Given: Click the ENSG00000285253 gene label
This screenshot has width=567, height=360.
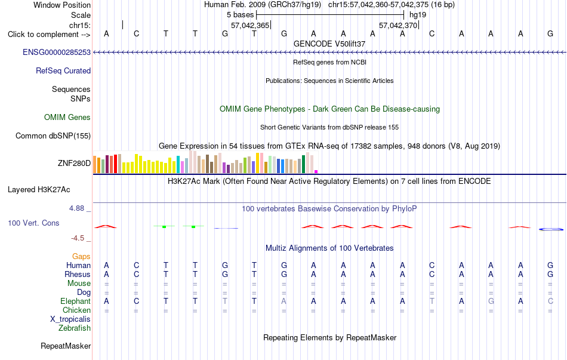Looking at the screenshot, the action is point(57,52).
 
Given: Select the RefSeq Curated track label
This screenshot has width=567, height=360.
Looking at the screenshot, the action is point(63,70).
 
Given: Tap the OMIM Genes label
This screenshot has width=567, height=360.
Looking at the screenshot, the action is point(67,117).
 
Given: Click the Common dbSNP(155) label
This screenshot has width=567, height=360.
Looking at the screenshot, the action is point(53,136).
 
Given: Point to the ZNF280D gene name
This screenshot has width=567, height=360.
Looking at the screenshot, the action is point(74,163).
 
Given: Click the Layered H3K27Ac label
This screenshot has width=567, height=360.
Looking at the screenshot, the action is point(39,190).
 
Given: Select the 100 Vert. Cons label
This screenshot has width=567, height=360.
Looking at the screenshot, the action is point(33,223).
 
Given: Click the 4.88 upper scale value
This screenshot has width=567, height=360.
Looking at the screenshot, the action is point(76,208).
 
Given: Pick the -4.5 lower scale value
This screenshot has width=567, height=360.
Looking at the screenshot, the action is point(78,238).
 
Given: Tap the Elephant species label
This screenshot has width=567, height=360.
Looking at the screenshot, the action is point(76,301).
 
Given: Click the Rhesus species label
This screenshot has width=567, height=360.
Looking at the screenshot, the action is point(78,274).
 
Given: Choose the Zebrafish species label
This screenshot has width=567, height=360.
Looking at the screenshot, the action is point(75,328).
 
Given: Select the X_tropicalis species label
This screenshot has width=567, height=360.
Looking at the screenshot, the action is point(70,319).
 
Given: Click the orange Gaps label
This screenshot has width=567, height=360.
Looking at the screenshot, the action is point(81,256).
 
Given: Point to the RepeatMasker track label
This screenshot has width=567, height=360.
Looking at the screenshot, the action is point(66,346).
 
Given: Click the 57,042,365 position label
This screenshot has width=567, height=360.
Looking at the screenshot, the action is point(250,25).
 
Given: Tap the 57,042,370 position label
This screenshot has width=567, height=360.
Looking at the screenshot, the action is point(398,25).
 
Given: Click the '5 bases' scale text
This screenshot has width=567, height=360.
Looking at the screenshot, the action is point(241,15).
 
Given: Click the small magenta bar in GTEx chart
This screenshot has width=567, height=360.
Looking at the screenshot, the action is point(316,171).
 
